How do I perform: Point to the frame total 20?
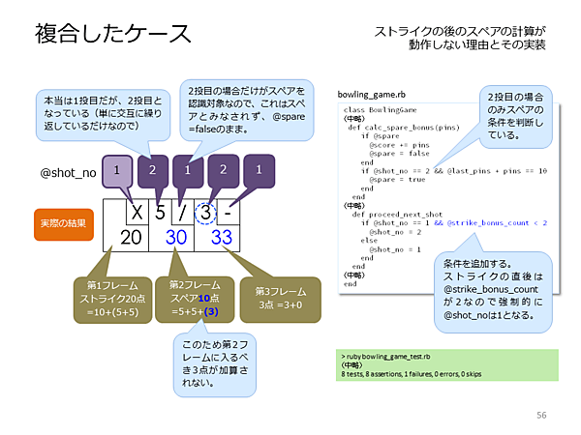[125, 238]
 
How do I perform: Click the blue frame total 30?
[175, 238]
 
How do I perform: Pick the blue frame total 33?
[222, 238]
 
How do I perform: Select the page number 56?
[541, 415]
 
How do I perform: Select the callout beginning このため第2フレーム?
[214, 362]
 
